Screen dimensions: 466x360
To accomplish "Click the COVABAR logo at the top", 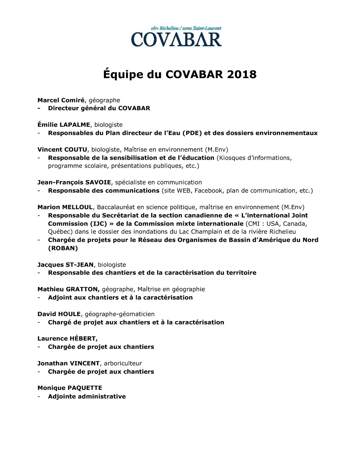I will [176, 37].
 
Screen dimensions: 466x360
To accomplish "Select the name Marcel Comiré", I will [61, 100].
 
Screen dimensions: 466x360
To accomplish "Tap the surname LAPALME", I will [75, 125].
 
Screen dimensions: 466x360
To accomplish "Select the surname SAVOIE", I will [98, 182].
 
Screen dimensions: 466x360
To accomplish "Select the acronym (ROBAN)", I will [63, 248].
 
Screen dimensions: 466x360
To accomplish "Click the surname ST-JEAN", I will [79, 265].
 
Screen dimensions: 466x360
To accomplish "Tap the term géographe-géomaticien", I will [120, 314].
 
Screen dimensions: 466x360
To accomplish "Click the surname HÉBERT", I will [83, 339].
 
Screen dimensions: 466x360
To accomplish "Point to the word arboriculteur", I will [123, 363].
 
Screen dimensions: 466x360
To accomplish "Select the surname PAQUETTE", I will [85, 388].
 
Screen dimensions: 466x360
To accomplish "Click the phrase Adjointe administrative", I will [87, 396].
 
